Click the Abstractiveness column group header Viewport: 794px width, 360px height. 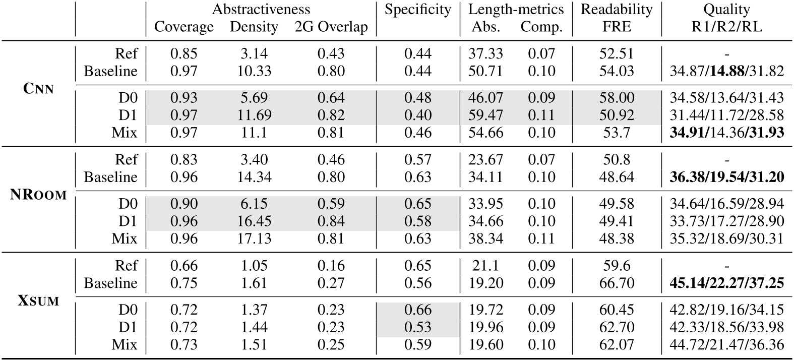tap(261, 9)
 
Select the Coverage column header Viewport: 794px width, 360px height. tap(184, 27)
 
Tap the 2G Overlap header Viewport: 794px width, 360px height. tap(331, 27)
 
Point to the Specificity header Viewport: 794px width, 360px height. tap(417, 9)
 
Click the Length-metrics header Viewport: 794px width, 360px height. tap(516, 9)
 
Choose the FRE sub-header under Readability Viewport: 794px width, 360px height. tap(617, 27)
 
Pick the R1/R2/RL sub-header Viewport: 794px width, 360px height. tap(727, 27)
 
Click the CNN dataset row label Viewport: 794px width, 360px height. tap(38, 89)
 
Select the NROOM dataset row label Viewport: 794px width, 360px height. tap(38, 195)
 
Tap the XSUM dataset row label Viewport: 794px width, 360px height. tap(38, 301)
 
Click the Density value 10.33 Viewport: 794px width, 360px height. tap(254, 71)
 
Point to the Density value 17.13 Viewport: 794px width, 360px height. tap(254, 238)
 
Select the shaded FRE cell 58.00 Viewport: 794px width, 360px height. tap(617, 98)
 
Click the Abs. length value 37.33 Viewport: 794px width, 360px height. tap(485, 53)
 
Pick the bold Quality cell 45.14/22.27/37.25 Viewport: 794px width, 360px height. tap(727, 283)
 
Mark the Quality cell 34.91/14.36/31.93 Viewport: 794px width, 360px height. tap(727, 133)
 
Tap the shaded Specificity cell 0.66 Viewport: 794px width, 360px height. tap(417, 310)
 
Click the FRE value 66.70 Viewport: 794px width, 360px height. tap(617, 283)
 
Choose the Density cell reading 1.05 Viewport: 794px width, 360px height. tap(254, 266)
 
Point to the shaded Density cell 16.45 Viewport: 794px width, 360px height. tap(254, 221)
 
